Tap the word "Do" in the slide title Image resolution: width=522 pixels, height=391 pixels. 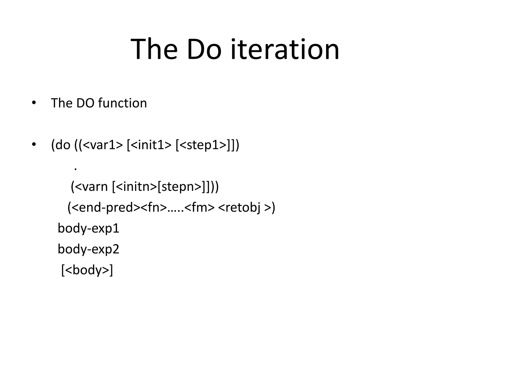click(x=204, y=49)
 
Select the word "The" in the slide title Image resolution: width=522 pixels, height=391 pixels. click(x=154, y=49)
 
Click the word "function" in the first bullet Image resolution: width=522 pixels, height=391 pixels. click(x=122, y=103)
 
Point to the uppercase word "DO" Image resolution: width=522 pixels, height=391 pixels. click(x=85, y=103)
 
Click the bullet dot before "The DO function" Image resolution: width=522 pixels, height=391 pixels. click(x=34, y=103)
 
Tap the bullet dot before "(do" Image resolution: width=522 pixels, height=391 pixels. click(x=34, y=145)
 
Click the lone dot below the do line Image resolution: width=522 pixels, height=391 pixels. click(x=75, y=169)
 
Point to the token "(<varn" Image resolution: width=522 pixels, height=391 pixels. click(x=89, y=187)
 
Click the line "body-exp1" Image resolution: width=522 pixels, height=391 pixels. click(x=88, y=228)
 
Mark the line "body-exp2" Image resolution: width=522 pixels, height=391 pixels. click(x=88, y=249)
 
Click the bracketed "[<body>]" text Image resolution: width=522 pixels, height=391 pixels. click(x=87, y=270)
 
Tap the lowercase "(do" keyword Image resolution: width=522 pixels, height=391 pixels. click(x=61, y=145)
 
